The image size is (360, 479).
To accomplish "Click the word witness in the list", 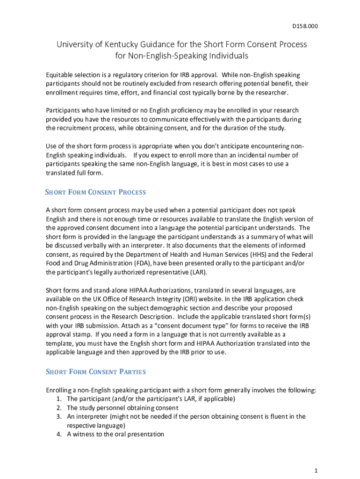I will (85, 434).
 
